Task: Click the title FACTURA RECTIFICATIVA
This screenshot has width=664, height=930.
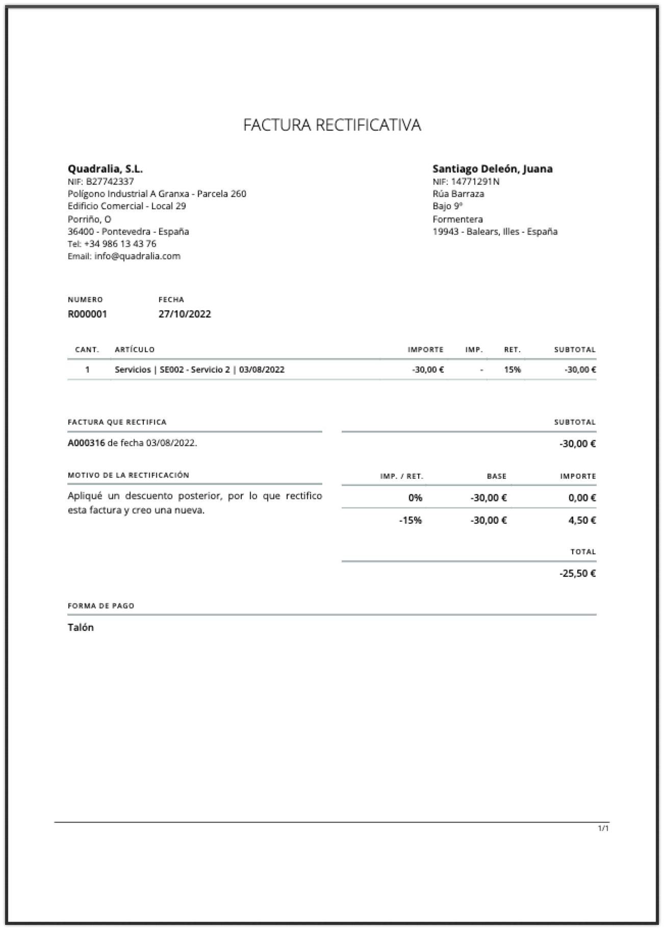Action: pos(332,125)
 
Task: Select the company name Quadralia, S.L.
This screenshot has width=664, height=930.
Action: pos(105,168)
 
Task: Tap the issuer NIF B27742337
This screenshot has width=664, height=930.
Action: pos(110,181)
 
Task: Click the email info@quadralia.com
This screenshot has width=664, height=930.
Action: pos(137,256)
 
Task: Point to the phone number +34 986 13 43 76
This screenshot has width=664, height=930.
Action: pos(120,244)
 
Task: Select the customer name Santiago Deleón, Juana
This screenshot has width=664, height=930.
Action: pos(492,168)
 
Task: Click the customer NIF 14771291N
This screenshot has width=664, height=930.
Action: pos(475,181)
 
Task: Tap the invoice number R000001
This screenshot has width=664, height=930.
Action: pos(87,314)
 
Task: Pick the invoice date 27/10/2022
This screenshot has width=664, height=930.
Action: pos(185,314)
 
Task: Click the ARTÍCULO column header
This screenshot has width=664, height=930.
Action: pos(135,350)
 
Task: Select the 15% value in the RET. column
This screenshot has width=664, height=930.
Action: pos(512,370)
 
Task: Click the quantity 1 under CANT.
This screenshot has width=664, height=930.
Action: pos(87,370)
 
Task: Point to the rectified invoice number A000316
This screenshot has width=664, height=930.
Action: pos(86,443)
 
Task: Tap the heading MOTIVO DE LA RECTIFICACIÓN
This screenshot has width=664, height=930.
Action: pos(128,475)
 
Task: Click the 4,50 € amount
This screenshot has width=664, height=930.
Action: pos(582,520)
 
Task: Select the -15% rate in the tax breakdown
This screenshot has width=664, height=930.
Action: pos(410,520)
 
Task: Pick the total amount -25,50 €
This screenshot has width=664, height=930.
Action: pos(577,573)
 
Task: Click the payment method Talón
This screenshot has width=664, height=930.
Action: pos(81,627)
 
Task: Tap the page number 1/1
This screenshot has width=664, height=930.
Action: pos(603,828)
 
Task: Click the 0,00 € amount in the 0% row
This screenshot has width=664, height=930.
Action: pos(582,498)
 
